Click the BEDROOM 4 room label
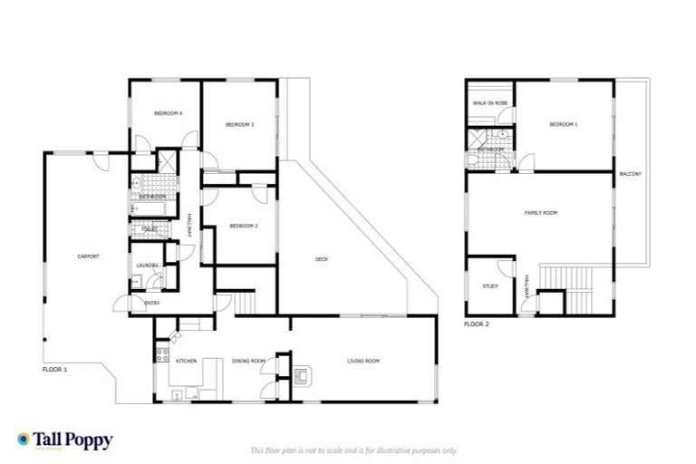(x=168, y=113)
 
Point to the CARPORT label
(x=88, y=256)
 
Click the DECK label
(x=321, y=259)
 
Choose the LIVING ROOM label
(x=363, y=362)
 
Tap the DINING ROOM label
(x=247, y=362)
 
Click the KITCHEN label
(x=187, y=362)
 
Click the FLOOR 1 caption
(x=54, y=370)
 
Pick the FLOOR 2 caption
(x=476, y=324)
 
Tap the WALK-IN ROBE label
(x=489, y=104)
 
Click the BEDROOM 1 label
(x=563, y=124)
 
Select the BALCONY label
(x=631, y=173)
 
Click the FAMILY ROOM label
(x=541, y=213)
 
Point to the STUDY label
(x=490, y=286)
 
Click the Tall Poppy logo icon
(x=24, y=440)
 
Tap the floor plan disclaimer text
(x=353, y=449)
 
